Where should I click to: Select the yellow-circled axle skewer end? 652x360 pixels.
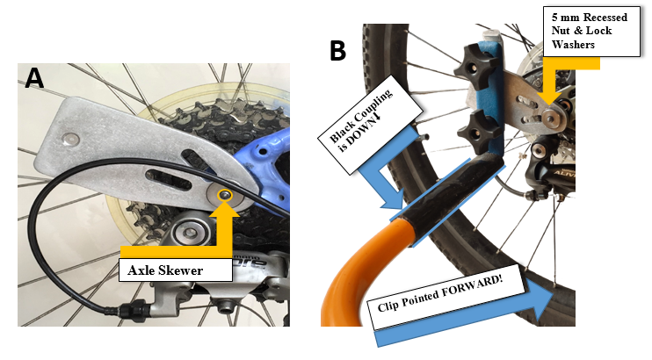pyautogui.click(x=227, y=194)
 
